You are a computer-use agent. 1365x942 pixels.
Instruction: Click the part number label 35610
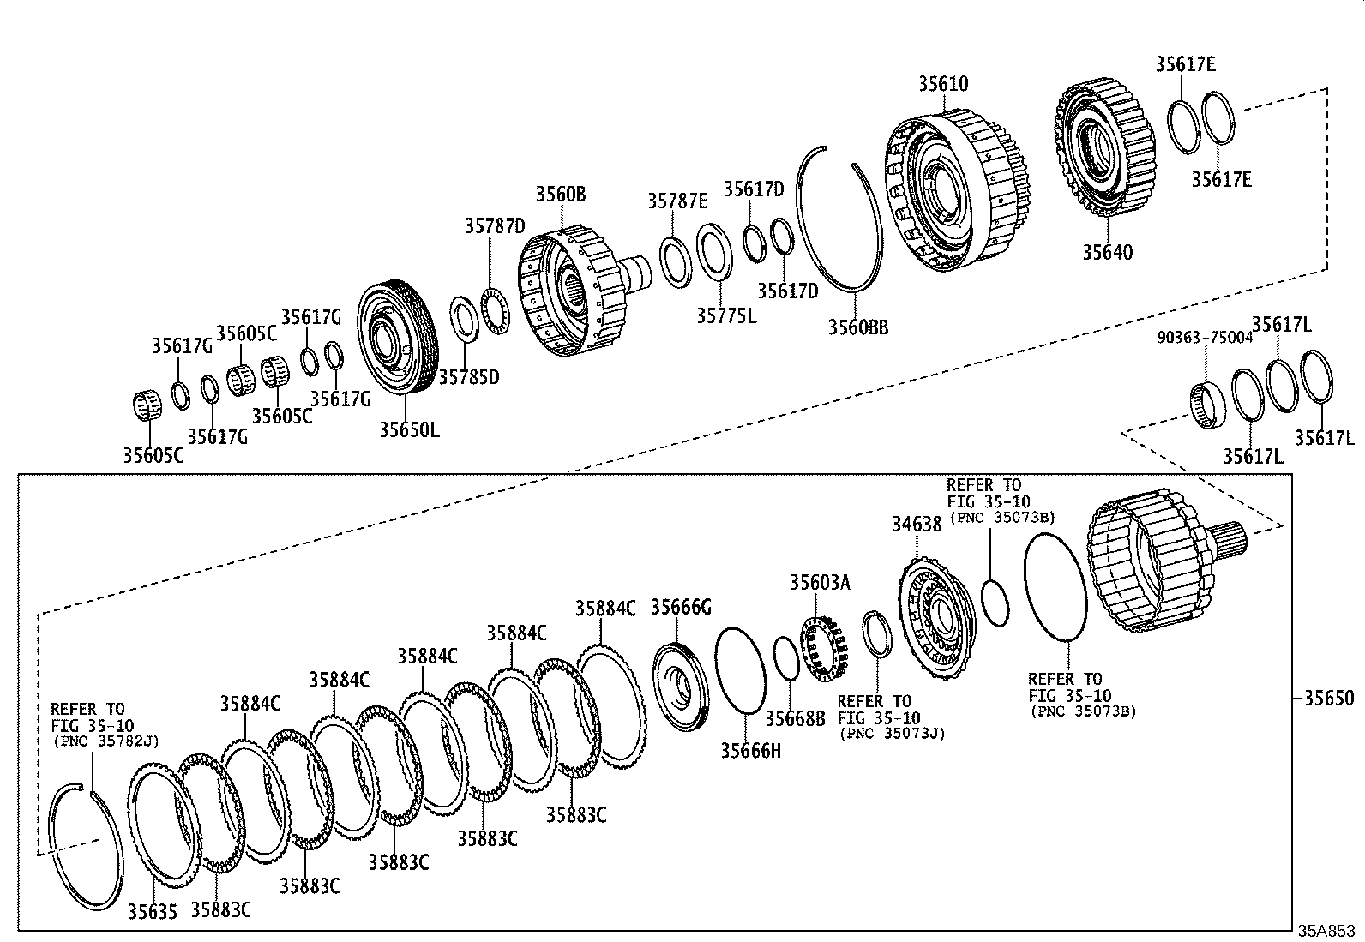point(943,84)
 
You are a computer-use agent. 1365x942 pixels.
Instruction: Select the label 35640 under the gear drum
point(1106,252)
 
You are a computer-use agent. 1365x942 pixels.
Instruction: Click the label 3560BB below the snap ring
point(857,327)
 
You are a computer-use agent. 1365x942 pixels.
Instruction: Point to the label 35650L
point(409,429)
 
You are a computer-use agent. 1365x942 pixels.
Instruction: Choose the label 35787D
point(495,225)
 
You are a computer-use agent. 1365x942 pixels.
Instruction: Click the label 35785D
point(469,376)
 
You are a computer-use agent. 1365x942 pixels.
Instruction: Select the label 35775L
point(726,315)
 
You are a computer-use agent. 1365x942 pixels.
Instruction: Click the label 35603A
point(820,583)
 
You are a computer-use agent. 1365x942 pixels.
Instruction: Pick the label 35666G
point(681,607)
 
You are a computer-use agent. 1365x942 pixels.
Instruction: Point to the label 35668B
point(795,718)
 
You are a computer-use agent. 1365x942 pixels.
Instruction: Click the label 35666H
point(750,751)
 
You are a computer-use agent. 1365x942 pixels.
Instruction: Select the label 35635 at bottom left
point(153,911)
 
